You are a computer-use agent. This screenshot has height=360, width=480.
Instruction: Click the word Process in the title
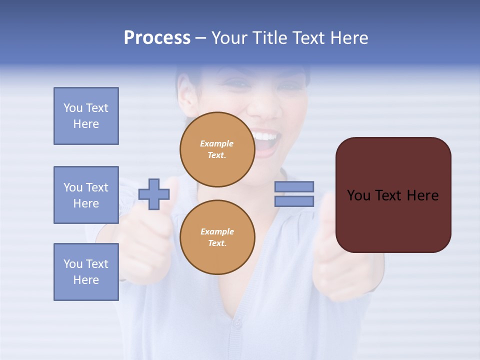point(157,38)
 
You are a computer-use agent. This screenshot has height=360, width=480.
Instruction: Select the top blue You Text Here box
point(86,116)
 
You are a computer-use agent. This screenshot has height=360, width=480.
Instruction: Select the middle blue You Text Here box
point(86,195)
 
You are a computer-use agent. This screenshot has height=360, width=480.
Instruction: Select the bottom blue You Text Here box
point(86,272)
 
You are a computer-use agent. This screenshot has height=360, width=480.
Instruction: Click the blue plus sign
point(153,194)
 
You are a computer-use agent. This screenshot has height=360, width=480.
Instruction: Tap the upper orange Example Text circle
point(217,149)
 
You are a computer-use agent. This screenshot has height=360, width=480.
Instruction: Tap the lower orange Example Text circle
point(217,237)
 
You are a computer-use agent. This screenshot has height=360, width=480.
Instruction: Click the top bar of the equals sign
point(294,187)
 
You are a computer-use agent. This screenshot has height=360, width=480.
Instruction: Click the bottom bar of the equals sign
point(294,201)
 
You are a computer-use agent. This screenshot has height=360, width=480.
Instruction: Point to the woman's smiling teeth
point(265,136)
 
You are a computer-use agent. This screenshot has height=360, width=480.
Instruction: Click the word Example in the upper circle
point(217,144)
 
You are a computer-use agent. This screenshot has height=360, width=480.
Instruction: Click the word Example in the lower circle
point(217,232)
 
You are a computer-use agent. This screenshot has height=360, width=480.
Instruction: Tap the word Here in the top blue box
point(86,124)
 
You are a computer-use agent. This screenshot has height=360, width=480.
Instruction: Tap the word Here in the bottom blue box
point(86,280)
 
